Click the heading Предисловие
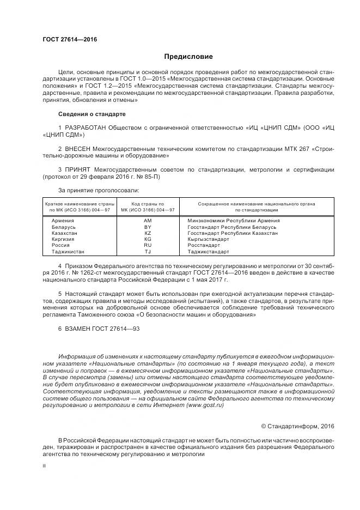(x=188, y=57)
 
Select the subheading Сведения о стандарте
(x=91, y=114)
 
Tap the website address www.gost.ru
(x=206, y=405)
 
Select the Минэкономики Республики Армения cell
(x=233, y=220)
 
